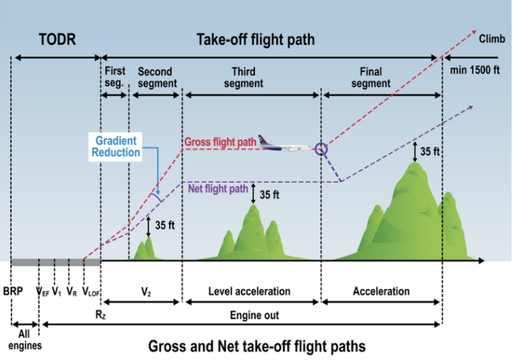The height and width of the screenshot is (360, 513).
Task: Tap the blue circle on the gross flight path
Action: pos(322,149)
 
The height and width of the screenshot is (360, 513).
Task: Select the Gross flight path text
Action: pos(220,142)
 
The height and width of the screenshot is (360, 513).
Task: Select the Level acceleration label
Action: pos(249,291)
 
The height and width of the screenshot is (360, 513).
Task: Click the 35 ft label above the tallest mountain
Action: pos(429,151)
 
